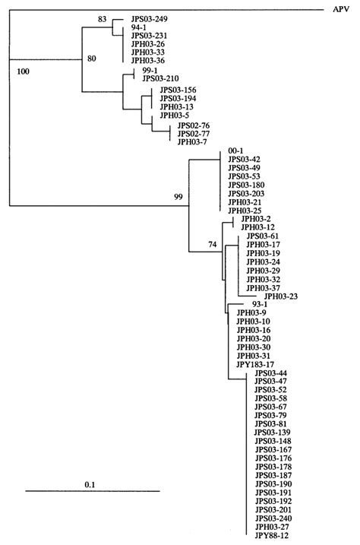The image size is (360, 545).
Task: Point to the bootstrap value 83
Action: tap(103, 19)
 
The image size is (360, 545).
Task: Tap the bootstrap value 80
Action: tap(92, 59)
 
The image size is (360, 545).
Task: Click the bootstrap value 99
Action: tap(179, 197)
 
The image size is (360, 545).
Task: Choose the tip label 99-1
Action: tap(149, 69)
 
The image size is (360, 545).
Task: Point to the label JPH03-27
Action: tap(270, 527)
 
